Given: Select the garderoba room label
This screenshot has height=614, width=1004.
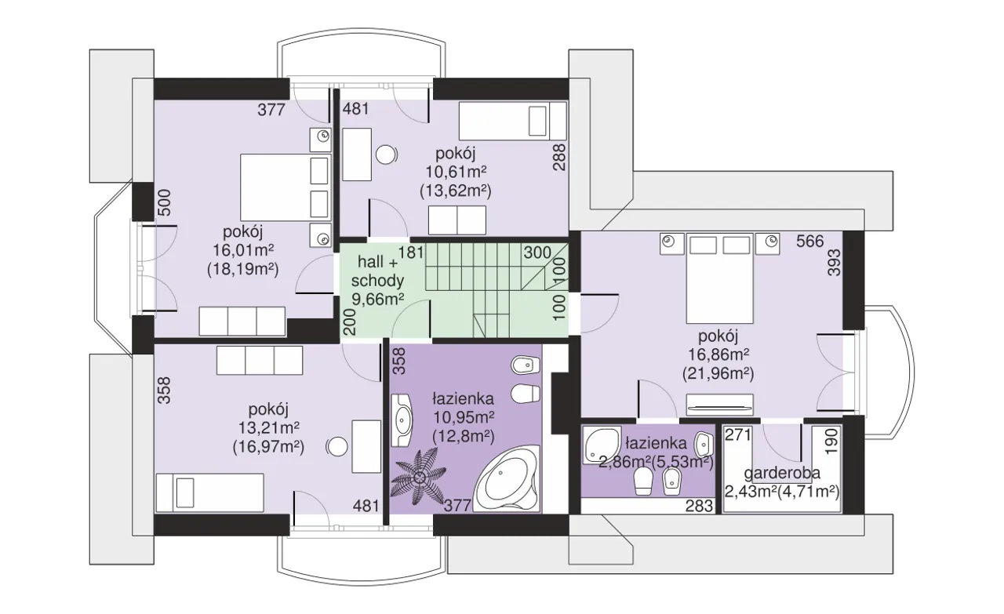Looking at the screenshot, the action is (x=782, y=474).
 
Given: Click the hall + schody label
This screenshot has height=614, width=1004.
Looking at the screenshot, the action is (x=378, y=271).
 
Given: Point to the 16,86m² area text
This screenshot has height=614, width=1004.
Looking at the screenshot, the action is (x=718, y=355).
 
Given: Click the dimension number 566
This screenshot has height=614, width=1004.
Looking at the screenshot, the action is (x=810, y=242).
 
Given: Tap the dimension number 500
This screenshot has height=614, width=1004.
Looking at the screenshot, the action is (x=165, y=202).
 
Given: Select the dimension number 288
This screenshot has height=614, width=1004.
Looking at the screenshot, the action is (x=559, y=157).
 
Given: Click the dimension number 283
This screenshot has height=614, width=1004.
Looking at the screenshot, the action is (x=699, y=506).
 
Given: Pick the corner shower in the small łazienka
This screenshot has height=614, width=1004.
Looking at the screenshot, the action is (x=602, y=445).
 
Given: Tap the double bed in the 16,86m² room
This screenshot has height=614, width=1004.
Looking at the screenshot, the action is (x=719, y=278).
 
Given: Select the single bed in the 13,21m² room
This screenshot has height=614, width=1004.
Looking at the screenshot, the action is (x=209, y=492).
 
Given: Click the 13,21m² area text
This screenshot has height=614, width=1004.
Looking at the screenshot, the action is (x=268, y=428).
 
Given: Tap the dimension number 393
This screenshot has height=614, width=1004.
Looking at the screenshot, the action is (x=834, y=262).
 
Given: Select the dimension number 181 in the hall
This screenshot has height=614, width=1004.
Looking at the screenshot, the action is (x=411, y=253).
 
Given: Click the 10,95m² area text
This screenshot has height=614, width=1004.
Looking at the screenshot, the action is (x=464, y=417).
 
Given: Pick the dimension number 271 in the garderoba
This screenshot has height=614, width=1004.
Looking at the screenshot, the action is (x=738, y=434).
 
